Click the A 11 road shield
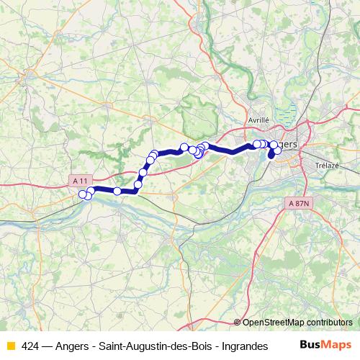pos(81,179)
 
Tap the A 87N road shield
pos(299,204)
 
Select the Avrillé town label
pos(258,120)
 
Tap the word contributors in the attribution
pos(328,323)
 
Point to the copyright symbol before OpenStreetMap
pos(237,323)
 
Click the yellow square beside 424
pos(10,346)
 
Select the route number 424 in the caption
pos(30,346)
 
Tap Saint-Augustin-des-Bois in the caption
pos(155,346)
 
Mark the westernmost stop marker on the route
pos(84,193)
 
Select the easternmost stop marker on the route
pos(278,150)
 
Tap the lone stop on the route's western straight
pos(117,190)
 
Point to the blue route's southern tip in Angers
pos(271,154)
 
